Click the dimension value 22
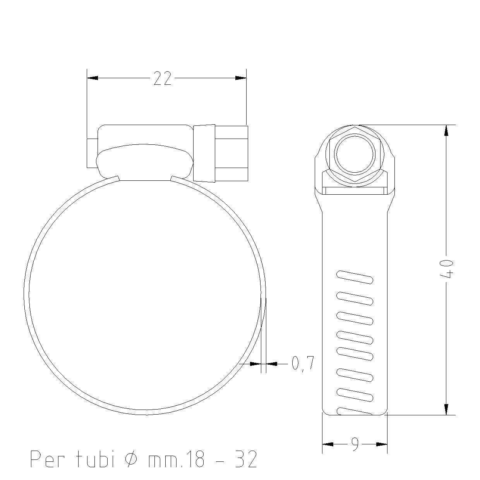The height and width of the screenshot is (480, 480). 163,78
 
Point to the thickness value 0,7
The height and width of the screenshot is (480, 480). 303,363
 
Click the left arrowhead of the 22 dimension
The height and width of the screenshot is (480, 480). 93,78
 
